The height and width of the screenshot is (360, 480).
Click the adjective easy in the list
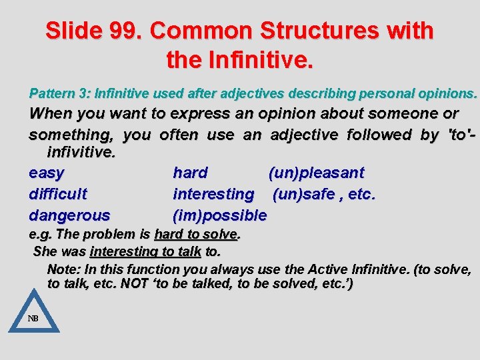pos(47,173)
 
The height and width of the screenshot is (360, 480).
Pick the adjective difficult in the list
pos(58,194)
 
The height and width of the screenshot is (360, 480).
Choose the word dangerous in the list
pos(69,215)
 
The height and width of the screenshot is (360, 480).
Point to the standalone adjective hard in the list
pos(190,173)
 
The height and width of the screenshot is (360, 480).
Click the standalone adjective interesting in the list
pos(213,194)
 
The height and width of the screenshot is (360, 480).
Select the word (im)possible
pos(219,215)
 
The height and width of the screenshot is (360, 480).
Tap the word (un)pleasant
pos(316,173)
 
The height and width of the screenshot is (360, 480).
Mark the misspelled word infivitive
pos(81,153)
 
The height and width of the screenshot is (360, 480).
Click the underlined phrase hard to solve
pos(195,235)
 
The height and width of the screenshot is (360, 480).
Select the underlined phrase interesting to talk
pos(145,252)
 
